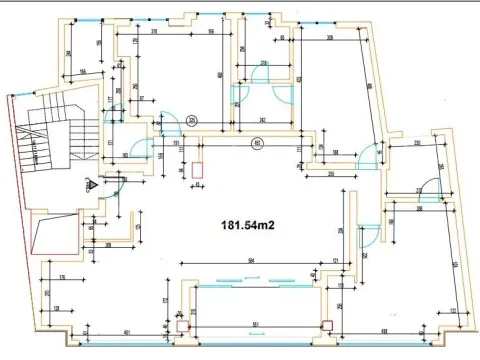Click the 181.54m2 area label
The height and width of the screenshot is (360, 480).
pos(241,225)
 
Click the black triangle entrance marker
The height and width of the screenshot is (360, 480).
pos(91,184)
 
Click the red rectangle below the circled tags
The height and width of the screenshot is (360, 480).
pos(197,169)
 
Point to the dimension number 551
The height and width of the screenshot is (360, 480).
pos(256,325)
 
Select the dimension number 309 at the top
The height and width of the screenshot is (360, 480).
pos(330,39)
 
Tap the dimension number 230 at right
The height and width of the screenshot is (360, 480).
pos(417,144)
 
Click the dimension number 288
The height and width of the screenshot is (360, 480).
pos(421,209)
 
